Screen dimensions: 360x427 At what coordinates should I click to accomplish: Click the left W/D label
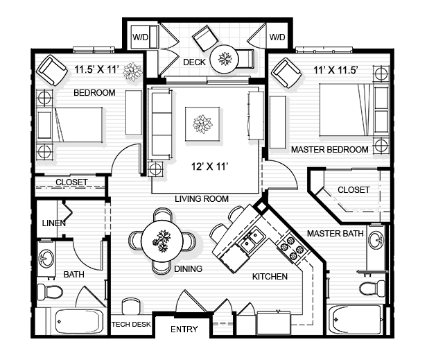[x=141, y=35]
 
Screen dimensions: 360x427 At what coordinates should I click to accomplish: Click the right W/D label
[x=277, y=35]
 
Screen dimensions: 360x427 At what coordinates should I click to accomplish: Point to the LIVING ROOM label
[x=202, y=199]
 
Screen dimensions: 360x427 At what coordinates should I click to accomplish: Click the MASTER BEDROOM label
[x=329, y=149]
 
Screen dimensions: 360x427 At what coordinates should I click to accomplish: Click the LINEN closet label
[x=53, y=223]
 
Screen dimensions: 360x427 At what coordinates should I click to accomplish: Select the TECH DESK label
[x=131, y=324]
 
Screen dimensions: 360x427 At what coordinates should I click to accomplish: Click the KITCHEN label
[x=270, y=277]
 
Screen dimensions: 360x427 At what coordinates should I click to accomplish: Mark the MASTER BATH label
[x=335, y=233]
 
